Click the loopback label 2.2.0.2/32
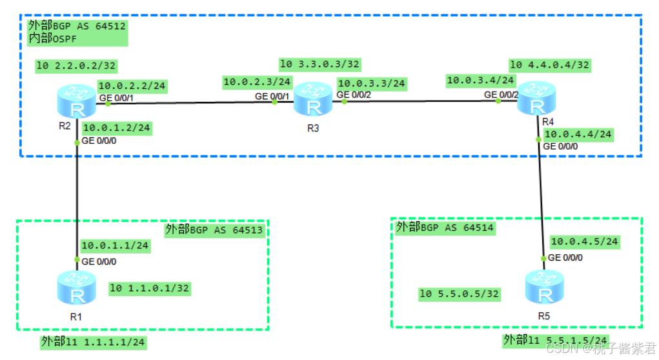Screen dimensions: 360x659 [x=76, y=65]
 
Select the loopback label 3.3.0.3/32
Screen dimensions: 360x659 [x=319, y=64]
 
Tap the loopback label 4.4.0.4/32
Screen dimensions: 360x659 [x=549, y=65]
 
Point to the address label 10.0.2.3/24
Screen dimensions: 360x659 [x=257, y=82]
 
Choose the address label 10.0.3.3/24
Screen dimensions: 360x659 [x=371, y=83]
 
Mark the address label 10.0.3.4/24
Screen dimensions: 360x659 [x=480, y=81]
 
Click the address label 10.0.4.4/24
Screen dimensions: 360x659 [x=578, y=135]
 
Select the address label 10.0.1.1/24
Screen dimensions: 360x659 [x=114, y=245]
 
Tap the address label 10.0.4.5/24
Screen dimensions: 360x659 [x=584, y=241]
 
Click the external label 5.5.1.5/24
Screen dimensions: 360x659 [x=555, y=340]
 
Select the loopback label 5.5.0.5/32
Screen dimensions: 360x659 [x=460, y=294]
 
